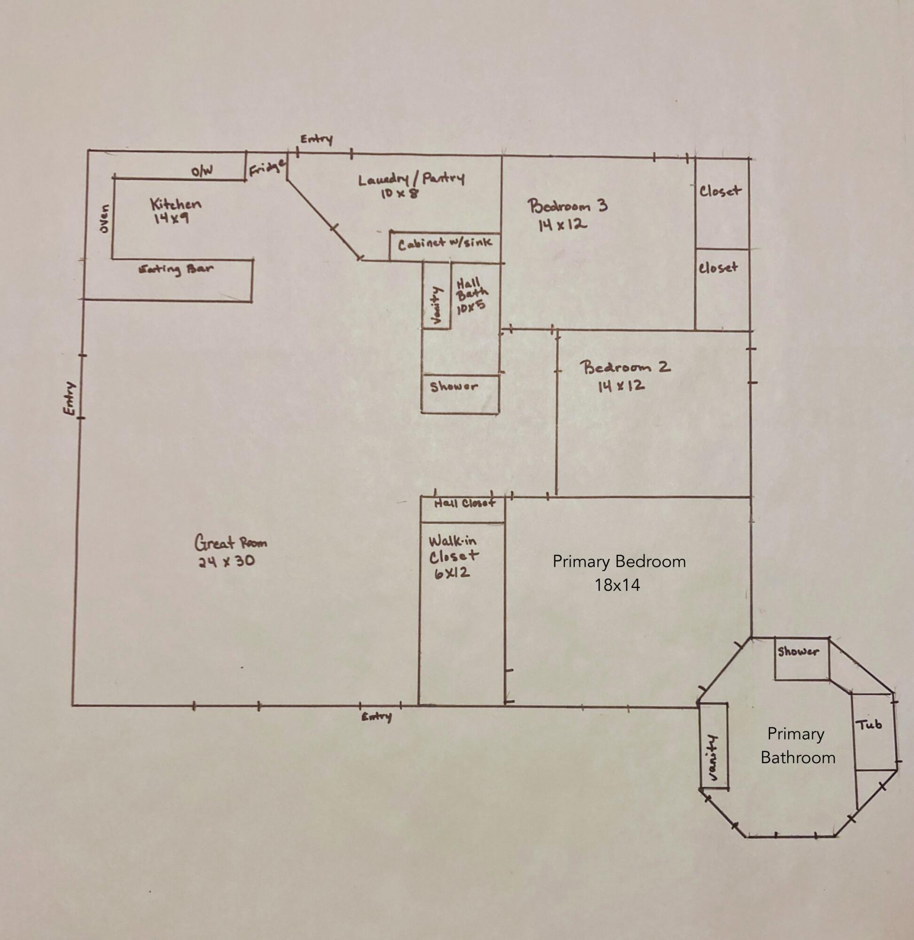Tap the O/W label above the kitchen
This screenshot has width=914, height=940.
(202, 171)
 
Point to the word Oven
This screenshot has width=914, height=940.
(104, 219)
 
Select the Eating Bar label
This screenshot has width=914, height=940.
(175, 269)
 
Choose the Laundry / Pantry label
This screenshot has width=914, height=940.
(411, 179)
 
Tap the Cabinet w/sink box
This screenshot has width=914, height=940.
(445, 247)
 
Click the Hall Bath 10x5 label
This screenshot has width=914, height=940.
(472, 296)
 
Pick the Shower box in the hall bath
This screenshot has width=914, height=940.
(461, 394)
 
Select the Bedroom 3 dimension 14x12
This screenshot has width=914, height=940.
(562, 224)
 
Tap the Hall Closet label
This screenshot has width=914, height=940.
(464, 503)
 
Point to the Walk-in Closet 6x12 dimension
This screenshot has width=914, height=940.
(452, 573)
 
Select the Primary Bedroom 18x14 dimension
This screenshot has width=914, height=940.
(617, 585)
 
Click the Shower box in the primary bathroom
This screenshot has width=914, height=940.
(802, 658)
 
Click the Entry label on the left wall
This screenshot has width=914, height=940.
(70, 398)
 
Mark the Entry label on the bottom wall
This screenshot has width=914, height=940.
(376, 717)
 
